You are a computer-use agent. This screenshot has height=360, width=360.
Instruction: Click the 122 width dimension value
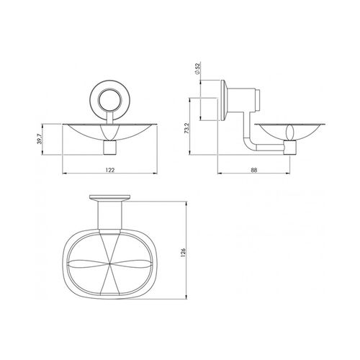[x=110, y=170]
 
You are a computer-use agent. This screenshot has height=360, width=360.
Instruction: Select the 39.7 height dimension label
[x=40, y=139]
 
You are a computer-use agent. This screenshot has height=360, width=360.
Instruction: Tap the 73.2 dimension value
[x=187, y=128]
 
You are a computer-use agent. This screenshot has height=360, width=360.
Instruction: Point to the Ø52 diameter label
[x=198, y=68]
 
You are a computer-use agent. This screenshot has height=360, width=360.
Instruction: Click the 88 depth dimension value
[x=253, y=170]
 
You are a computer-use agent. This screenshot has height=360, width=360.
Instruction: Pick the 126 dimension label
[x=184, y=253]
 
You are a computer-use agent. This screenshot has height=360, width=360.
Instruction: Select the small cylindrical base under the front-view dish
[x=110, y=148]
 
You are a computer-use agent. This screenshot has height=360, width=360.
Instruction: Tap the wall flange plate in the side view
[x=224, y=100]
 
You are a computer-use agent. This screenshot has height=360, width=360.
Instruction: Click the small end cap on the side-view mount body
[x=258, y=100]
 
